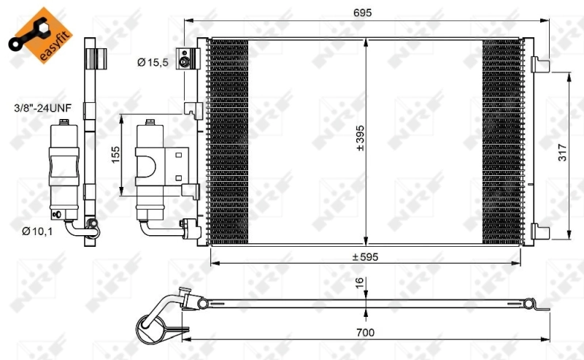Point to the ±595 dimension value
[365, 256]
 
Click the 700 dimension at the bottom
[365, 333]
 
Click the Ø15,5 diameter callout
[153, 63]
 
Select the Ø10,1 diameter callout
[37, 232]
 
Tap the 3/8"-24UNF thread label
[42, 107]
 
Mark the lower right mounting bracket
[540, 230]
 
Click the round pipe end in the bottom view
[152, 323]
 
